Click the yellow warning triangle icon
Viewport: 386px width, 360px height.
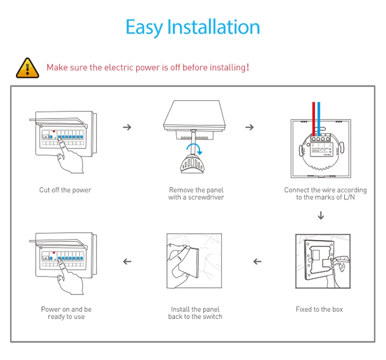coord(28,67)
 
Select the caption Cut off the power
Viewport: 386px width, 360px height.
coord(65,190)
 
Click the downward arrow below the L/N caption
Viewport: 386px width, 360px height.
coord(321,215)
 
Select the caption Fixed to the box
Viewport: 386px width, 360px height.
coord(319,309)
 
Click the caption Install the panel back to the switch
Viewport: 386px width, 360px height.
coord(195,313)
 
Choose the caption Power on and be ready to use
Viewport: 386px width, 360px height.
coord(66,313)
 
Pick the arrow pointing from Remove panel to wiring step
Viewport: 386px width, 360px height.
coord(249,127)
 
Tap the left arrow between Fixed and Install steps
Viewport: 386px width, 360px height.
coord(258,262)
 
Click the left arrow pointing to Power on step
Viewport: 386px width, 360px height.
coord(127,262)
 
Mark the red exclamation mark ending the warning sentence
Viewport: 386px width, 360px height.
coord(248,67)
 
